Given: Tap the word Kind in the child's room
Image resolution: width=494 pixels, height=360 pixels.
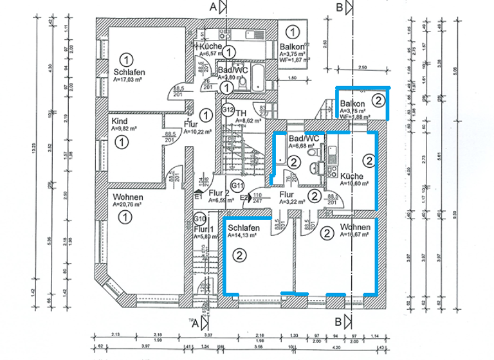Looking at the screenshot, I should coord(120,121).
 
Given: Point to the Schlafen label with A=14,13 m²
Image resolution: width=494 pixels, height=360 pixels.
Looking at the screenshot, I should coord(243,228).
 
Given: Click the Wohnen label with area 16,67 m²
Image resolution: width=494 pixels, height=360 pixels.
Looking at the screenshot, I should coord(354,228).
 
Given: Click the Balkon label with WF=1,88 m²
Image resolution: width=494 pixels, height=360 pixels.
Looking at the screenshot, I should coord(352,104).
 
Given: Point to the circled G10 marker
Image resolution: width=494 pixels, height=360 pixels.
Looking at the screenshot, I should coord(200,218).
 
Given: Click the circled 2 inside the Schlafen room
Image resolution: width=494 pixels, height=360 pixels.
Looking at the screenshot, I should coord(239,256).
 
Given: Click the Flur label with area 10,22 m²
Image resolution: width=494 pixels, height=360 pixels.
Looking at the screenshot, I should coord(191,123).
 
